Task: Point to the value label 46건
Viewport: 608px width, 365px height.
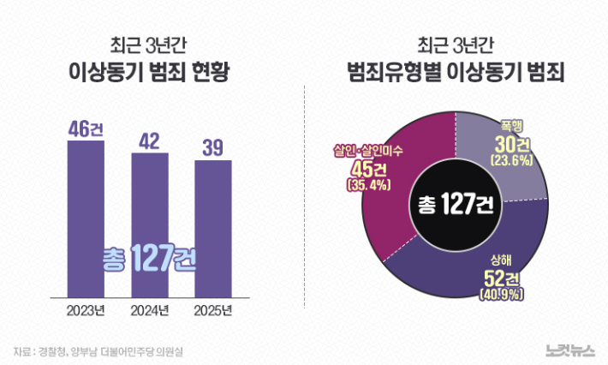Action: [86, 130]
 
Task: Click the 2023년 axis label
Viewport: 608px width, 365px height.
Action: [87, 309]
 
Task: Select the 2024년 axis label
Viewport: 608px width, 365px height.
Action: [151, 309]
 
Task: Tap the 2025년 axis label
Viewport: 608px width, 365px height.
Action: [213, 309]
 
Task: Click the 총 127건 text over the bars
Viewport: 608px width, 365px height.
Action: [149, 257]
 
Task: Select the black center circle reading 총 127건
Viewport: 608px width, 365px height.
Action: [454, 205]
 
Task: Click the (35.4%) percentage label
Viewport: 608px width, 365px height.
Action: [369, 184]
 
